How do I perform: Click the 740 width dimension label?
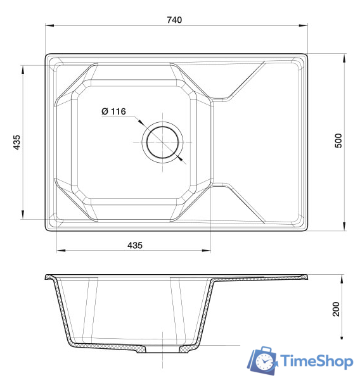click(x=174, y=20)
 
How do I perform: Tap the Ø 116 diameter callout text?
click(x=113, y=111)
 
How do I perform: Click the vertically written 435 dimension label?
click(x=17, y=142)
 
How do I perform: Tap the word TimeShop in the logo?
click(x=316, y=362)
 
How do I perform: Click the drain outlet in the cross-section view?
click(x=164, y=350)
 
